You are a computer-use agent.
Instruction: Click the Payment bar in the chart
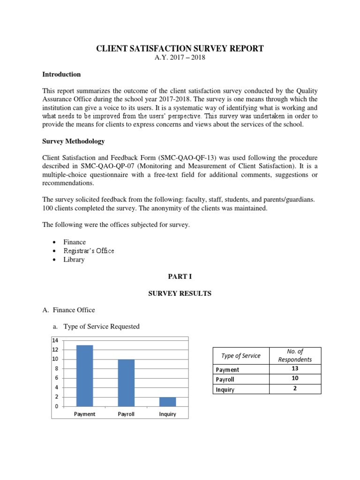coord(85,375)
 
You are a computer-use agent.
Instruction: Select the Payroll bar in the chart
coord(126,382)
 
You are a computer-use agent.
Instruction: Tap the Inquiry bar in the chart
coord(167,402)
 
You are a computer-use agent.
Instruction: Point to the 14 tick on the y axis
coord(55,340)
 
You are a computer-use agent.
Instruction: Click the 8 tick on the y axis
coord(56,369)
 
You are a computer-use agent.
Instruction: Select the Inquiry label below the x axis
coord(167,414)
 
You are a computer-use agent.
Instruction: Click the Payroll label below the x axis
coord(126,414)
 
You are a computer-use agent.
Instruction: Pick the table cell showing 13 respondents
coord(294,369)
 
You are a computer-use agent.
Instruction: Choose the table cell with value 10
coord(294,379)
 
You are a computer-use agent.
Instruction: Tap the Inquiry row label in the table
coord(225,389)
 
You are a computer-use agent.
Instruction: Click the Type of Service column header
coord(241,356)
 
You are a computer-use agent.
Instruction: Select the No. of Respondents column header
coord(294,356)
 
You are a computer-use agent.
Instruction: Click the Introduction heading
coord(61,74)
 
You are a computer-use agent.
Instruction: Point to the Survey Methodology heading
coord(74,141)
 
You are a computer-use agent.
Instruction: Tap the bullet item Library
coord(74,259)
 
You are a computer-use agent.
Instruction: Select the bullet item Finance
coord(75,242)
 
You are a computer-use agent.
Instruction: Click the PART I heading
coord(180,277)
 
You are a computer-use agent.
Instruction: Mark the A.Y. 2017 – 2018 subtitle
coord(180,58)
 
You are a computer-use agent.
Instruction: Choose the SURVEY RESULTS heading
coord(180,293)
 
